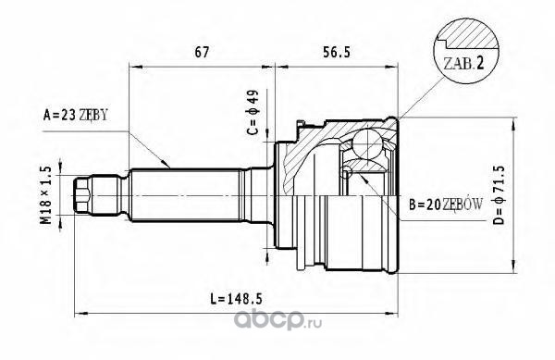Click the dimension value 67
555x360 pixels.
point(202,53)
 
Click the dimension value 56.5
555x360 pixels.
point(337,53)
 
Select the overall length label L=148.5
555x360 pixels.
point(237,300)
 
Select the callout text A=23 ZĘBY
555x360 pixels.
point(75,115)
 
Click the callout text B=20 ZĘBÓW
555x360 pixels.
point(446,205)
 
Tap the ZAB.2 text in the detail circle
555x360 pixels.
point(463,64)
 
